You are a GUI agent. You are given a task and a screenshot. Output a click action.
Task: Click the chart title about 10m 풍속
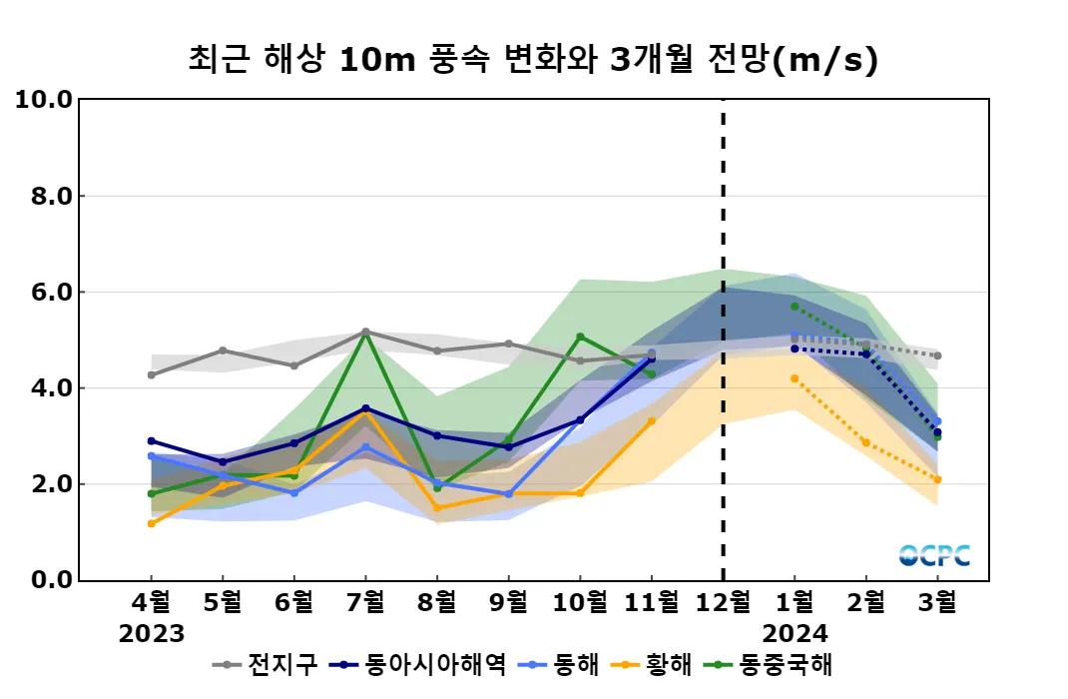(533, 60)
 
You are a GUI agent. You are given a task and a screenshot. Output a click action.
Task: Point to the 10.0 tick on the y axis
(44, 100)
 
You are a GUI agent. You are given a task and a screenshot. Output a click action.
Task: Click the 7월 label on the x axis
(365, 602)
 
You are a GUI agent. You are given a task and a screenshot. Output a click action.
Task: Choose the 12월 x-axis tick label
(723, 602)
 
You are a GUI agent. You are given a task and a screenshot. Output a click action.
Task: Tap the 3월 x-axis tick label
(937, 602)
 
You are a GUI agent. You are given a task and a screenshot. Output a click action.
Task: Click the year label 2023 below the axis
(152, 634)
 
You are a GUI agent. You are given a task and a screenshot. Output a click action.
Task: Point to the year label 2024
(795, 634)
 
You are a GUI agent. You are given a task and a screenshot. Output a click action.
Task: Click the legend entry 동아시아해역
(435, 664)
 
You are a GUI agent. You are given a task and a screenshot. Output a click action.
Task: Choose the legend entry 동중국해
(786, 664)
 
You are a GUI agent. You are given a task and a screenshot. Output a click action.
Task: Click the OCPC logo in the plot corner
(934, 555)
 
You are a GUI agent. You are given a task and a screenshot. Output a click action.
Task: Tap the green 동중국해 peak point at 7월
(366, 333)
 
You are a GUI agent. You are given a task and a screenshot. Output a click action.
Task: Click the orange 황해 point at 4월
(152, 523)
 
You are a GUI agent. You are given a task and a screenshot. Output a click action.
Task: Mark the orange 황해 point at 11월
(652, 420)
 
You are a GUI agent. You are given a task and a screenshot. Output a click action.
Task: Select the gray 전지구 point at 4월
(152, 374)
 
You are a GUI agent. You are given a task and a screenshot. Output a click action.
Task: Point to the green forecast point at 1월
(795, 307)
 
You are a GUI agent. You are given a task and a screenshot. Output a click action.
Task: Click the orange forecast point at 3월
(937, 479)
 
